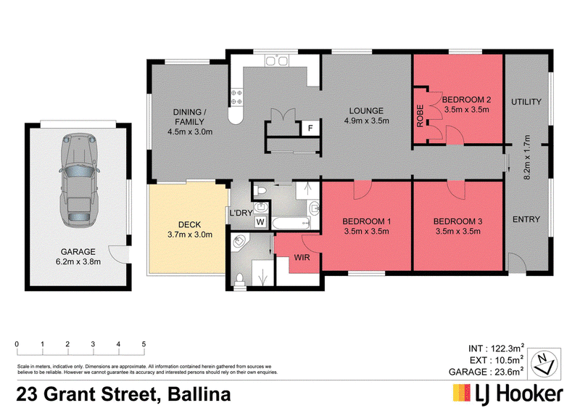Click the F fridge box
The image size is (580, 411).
310,129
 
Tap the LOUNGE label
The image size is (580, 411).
368,111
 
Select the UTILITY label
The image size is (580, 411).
526,102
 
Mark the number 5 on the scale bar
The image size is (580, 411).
144,344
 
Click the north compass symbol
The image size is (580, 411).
544,359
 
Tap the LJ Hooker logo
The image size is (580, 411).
507,394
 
